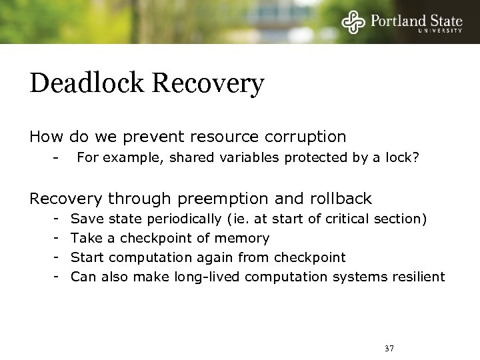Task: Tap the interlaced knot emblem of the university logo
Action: point(353,22)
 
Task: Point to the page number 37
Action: point(389,349)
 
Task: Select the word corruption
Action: point(306,137)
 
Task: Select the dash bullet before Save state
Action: point(57,219)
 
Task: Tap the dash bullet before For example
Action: point(57,158)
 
